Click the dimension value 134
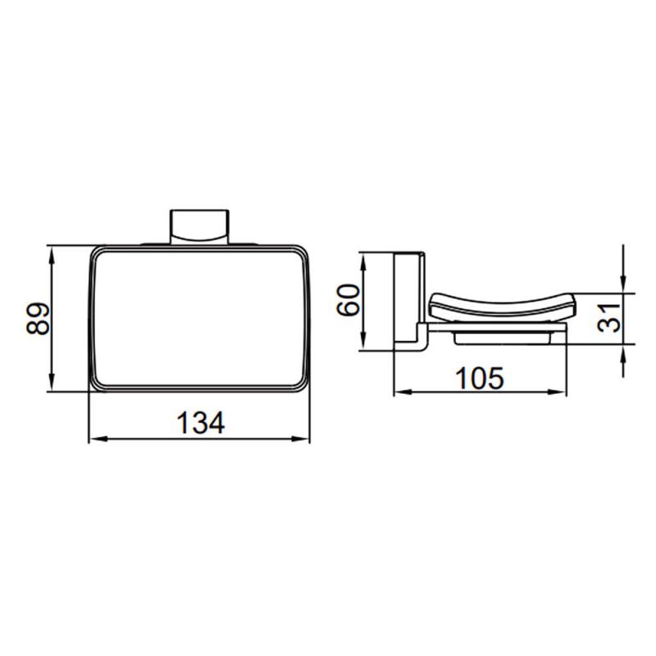[x=201, y=422]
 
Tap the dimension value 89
[x=38, y=318]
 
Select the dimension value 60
[x=348, y=299]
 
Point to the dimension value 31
[x=608, y=318]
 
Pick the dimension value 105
[x=480, y=378]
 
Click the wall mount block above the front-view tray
[x=199, y=226]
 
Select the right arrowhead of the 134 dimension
[x=301, y=439]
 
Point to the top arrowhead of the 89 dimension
[x=52, y=254]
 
